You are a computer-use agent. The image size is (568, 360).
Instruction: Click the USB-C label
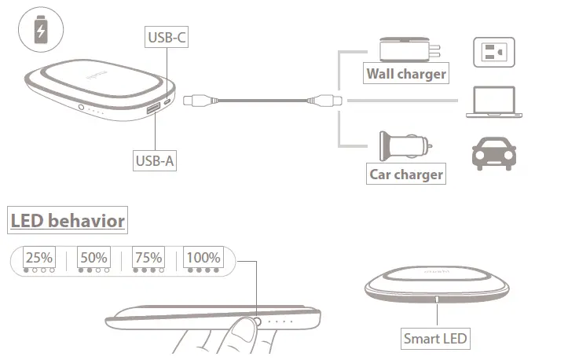[x=167, y=37]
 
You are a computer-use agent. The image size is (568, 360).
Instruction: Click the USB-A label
[x=155, y=161]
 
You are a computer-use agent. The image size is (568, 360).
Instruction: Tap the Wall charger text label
[x=406, y=74]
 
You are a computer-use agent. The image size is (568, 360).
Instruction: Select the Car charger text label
[x=406, y=174]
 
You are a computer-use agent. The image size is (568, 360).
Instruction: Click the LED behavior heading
[x=68, y=220]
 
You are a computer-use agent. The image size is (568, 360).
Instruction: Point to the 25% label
[x=39, y=257]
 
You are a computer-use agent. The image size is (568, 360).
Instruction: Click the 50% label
[x=93, y=257]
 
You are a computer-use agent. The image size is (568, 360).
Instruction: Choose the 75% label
[x=148, y=257]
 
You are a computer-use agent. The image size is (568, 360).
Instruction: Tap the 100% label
[x=203, y=257]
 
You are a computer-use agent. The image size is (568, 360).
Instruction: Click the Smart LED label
[x=436, y=340]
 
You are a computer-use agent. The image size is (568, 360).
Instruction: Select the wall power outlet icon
[x=493, y=53]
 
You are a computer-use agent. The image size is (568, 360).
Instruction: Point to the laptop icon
[x=493, y=103]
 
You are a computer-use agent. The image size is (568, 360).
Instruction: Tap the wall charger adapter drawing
[x=406, y=49]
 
